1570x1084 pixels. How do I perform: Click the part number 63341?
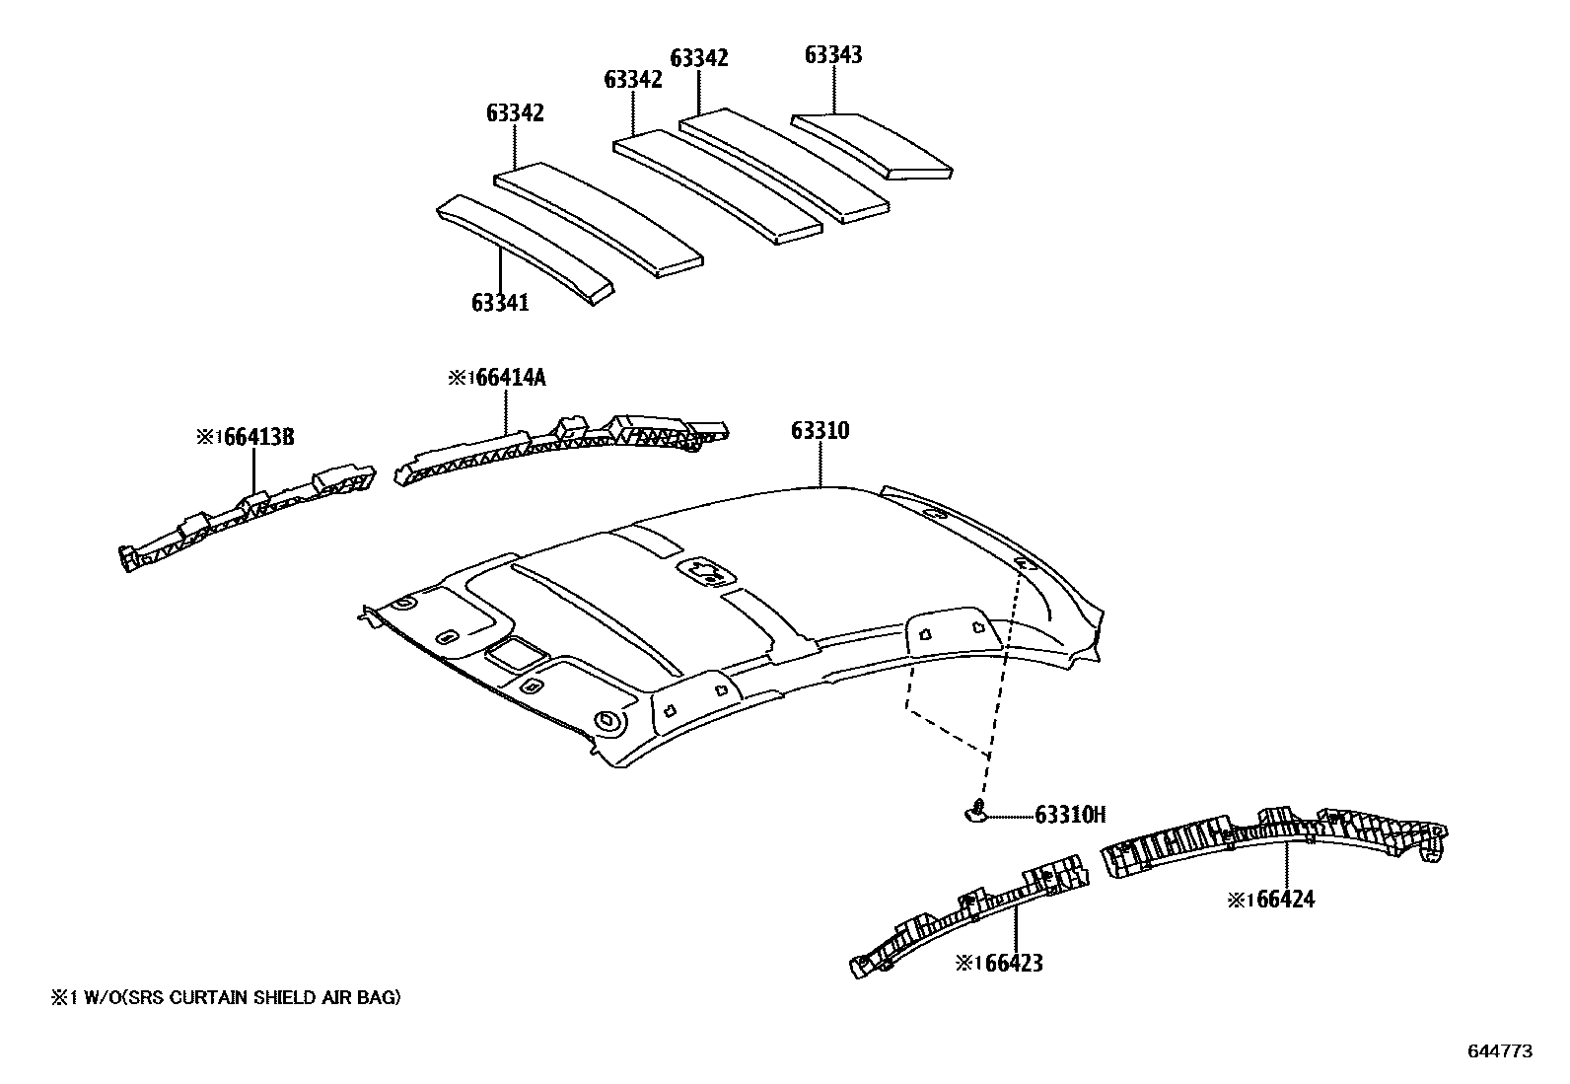point(500,303)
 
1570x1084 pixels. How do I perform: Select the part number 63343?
point(833,55)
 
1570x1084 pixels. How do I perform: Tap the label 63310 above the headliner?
point(820,431)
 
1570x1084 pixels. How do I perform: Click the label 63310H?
point(1070,815)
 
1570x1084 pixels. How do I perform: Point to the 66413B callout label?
point(246,437)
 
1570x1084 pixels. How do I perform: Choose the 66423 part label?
point(999,964)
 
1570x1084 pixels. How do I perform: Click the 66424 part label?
point(1272,900)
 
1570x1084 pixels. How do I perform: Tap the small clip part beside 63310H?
point(974,812)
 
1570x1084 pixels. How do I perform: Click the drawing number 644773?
point(1500,1051)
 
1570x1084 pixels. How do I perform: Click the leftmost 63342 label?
point(515,113)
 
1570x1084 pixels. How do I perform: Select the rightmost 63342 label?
point(699,58)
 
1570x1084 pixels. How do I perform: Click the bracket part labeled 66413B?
point(247,518)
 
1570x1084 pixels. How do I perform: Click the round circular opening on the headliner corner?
point(607,721)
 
